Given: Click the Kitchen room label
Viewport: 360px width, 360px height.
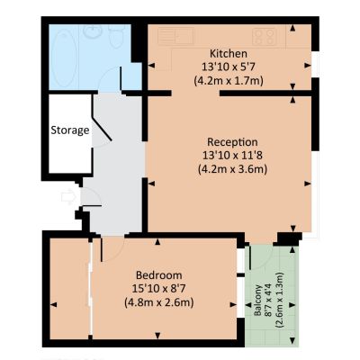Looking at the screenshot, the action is [229, 54].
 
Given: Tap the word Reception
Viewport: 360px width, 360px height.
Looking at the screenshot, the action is [232, 141].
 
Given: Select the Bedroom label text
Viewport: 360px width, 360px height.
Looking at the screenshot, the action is [158, 274].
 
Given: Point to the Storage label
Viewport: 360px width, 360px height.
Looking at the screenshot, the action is [70, 130].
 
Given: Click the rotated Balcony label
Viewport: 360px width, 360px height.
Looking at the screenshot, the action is [258, 300].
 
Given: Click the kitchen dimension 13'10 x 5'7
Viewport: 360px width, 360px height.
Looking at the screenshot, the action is [229, 67].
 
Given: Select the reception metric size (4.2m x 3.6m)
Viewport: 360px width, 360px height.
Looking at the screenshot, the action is [232, 169].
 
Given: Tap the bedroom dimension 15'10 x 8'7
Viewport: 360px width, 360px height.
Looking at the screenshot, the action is [158, 288].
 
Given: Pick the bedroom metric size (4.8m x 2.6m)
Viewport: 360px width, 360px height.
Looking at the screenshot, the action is [158, 302].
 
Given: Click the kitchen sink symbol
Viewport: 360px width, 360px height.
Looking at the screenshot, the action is [175, 36].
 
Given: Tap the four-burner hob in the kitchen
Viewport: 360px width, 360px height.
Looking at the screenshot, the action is [264, 37].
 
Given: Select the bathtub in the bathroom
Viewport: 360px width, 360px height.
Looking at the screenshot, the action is [63, 57].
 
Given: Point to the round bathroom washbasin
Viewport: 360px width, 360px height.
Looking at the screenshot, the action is [92, 31].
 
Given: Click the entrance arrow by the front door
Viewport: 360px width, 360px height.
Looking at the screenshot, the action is [67, 197].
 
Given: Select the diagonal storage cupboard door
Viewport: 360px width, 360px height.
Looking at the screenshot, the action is [102, 130].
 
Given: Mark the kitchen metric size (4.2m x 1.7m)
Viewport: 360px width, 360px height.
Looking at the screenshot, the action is [229, 81].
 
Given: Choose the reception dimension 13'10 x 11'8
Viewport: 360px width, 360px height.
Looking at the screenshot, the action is [232, 156].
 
